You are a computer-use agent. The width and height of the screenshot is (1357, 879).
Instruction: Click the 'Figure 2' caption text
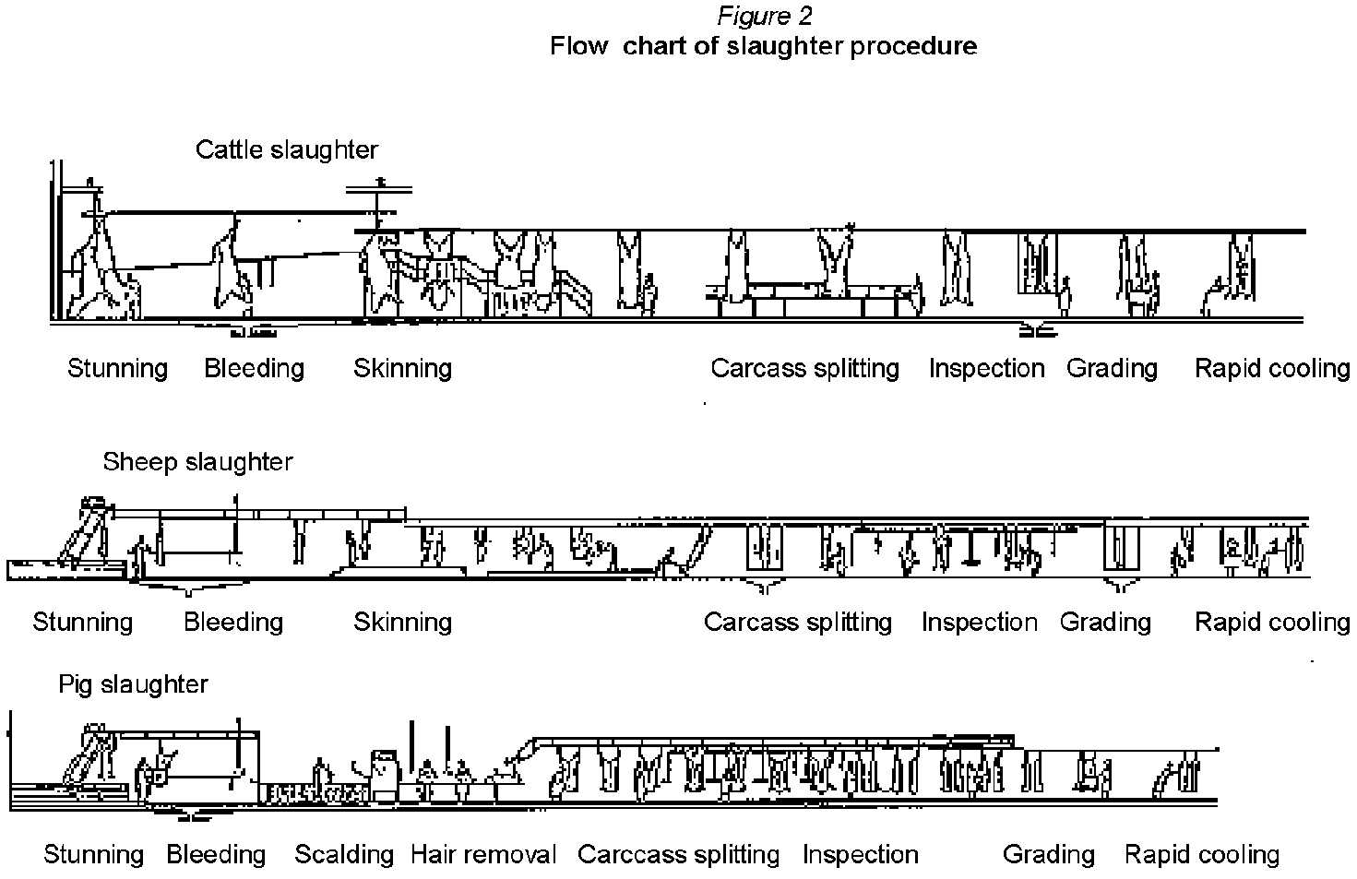(764, 17)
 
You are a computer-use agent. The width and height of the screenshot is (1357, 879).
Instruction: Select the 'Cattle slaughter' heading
(286, 149)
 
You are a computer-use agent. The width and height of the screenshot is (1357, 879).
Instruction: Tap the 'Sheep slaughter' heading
(197, 461)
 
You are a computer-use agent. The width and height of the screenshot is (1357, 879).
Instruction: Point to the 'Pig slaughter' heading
(133, 684)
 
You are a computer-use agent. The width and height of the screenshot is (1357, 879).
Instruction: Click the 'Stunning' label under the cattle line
(118, 368)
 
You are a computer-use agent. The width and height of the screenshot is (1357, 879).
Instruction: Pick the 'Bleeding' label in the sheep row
(233, 622)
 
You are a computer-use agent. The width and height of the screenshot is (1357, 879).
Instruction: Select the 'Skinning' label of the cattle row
(402, 368)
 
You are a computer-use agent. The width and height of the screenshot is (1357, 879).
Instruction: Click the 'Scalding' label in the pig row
(344, 855)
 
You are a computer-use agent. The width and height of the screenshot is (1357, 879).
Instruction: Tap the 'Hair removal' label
(483, 855)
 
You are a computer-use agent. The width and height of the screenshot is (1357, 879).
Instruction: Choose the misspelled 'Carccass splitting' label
(678, 855)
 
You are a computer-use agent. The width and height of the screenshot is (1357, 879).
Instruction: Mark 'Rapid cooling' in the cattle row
(1272, 368)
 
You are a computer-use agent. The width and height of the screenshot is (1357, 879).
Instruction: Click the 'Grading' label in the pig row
(1049, 855)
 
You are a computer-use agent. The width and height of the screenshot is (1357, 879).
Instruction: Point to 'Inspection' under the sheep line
(979, 622)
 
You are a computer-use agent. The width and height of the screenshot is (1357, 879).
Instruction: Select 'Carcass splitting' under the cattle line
(804, 368)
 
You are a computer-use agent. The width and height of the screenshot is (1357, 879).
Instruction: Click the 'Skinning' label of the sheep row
(402, 622)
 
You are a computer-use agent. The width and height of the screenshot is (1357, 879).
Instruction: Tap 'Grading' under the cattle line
(1112, 368)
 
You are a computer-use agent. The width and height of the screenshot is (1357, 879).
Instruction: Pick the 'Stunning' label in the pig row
(93, 855)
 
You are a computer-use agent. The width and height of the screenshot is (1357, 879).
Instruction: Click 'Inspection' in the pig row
(860, 855)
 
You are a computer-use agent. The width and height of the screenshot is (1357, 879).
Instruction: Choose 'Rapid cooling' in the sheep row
(1272, 622)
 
